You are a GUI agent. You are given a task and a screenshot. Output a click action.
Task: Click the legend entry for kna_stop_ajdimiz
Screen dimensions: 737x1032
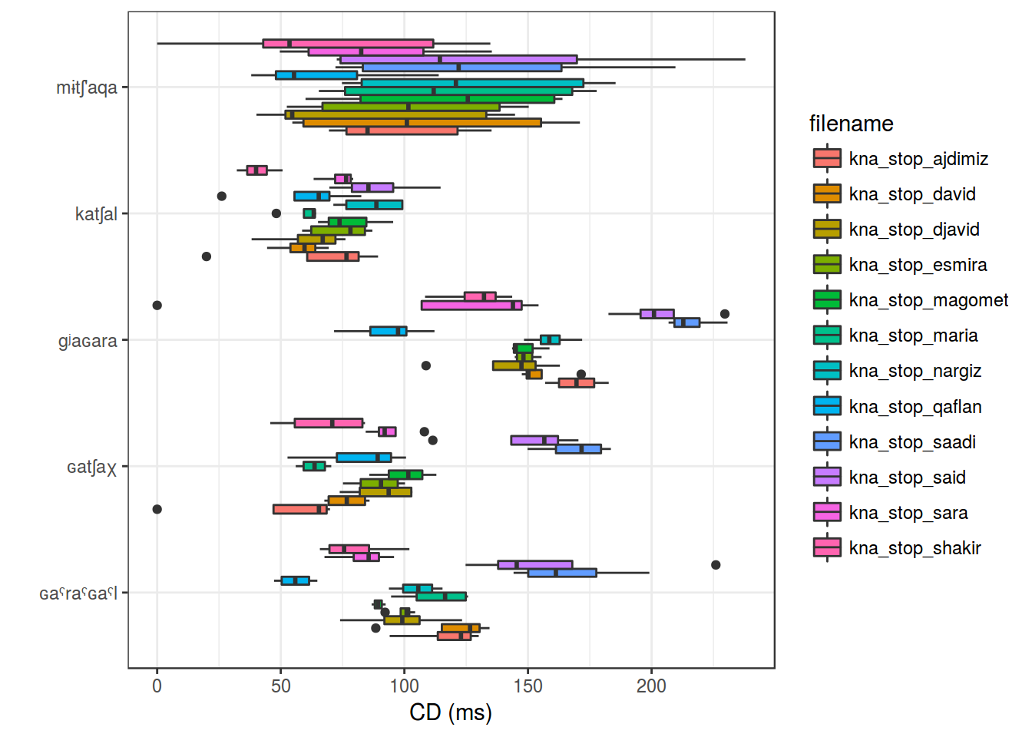click(918, 159)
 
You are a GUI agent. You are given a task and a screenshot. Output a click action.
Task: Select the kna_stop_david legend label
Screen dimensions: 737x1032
click(912, 194)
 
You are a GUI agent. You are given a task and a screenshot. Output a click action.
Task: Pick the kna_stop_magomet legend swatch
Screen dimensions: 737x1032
click(827, 300)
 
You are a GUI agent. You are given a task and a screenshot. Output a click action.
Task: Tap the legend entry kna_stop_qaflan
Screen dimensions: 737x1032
click(915, 407)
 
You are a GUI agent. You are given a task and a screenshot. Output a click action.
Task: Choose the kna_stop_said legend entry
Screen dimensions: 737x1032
click(907, 478)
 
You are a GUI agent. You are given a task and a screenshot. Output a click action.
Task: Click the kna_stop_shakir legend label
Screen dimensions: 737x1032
click(915, 548)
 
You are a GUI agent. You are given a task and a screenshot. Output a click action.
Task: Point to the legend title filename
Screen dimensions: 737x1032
click(851, 124)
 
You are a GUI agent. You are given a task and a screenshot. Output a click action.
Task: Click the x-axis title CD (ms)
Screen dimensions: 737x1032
click(451, 712)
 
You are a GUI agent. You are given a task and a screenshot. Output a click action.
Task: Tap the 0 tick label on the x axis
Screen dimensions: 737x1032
click(157, 686)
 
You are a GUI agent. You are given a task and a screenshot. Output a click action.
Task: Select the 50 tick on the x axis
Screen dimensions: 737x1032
click(281, 686)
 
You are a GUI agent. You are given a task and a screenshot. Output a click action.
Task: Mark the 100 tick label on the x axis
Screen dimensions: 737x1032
click(405, 686)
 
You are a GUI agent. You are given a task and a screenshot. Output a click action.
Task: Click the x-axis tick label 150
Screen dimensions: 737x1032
click(528, 686)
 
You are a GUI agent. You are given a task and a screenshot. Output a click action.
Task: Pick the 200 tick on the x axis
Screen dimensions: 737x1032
click(652, 686)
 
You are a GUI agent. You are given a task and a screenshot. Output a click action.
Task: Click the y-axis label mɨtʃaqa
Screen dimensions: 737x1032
click(87, 88)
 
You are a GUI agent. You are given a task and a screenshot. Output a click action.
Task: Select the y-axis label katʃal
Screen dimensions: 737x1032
click(96, 214)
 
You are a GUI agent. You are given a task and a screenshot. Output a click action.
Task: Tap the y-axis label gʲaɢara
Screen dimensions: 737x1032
click(88, 341)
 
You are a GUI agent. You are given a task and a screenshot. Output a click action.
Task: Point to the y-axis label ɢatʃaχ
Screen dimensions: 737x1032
click(91, 467)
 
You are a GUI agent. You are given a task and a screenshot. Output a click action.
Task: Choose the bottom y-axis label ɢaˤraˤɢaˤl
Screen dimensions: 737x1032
click(78, 593)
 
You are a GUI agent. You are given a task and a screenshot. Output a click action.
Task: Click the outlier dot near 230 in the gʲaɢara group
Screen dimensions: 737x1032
click(725, 314)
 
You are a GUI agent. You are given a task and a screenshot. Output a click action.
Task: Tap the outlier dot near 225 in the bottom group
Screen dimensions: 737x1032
click(716, 565)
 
